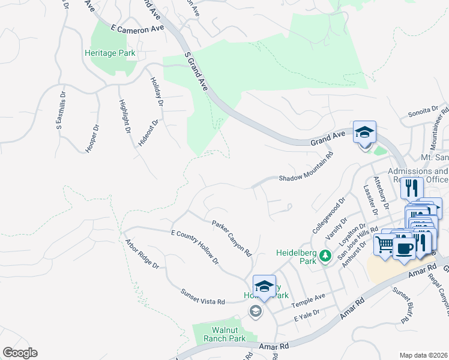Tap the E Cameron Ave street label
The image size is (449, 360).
pyautogui.click(x=137, y=28)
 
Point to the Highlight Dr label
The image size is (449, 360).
pyautogui.click(x=125, y=115)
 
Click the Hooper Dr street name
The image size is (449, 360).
pyautogui.click(x=92, y=139)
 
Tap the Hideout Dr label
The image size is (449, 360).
pyautogui.click(x=149, y=133)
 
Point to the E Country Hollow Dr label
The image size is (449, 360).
pyautogui.click(x=195, y=247)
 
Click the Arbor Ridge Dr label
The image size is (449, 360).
pyautogui.click(x=142, y=254)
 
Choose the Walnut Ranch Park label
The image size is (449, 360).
pyautogui.click(x=220, y=334)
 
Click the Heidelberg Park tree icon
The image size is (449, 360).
pyautogui.click(x=326, y=256)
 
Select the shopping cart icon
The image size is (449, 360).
pyautogui.click(x=384, y=244)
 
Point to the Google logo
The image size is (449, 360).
pyautogui.click(x=20, y=353)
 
